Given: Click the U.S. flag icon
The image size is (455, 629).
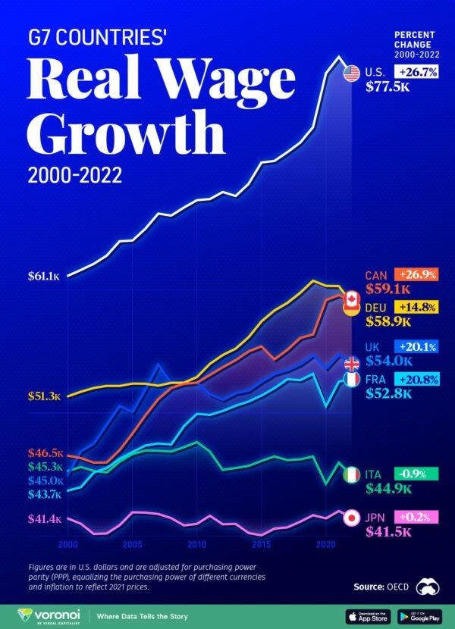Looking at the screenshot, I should coord(351,73).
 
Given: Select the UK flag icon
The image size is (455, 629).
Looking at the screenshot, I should coord(352,363).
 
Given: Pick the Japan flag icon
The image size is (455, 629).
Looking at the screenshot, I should coord(351,518).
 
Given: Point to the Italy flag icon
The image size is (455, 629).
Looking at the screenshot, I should coord(352,475).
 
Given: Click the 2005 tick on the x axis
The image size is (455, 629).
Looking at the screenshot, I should coord(133,545).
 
